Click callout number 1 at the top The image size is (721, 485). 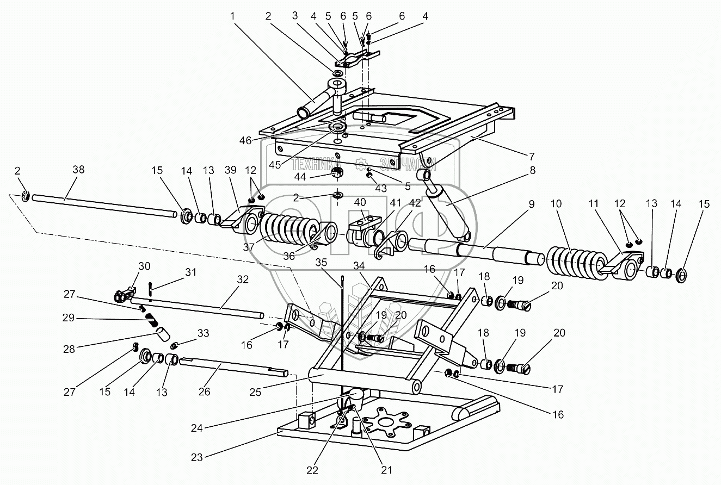point(233,16)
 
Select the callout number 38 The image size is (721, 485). point(78,169)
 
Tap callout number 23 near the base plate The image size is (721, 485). point(196,457)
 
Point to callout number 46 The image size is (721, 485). point(245,140)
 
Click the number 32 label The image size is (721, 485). point(243,279)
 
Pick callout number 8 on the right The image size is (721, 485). point(532,171)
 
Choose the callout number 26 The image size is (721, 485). point(205,391)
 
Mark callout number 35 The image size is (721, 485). point(321,262)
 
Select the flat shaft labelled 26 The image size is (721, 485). point(234,367)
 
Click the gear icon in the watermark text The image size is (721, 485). point(360,163)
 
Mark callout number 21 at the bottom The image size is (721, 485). point(387,470)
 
